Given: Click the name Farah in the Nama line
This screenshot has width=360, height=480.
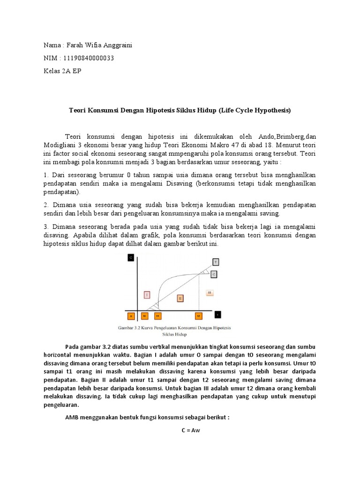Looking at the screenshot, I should pyautogui.click(x=75, y=45).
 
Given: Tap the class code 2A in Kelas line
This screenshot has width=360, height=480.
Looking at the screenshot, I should pyautogui.click(x=67, y=71).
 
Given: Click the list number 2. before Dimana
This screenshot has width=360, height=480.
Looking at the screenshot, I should pyautogui.click(x=46, y=205).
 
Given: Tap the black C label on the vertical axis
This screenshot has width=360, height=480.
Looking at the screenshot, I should pyautogui.click(x=130, y=257).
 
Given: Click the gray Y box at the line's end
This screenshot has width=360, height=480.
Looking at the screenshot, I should pyautogui.click(x=215, y=262).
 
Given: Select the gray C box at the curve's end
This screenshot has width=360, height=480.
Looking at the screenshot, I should pyautogui.click(x=214, y=273).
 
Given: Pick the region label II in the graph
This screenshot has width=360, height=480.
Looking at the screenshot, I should pyautogui.click(x=180, y=298).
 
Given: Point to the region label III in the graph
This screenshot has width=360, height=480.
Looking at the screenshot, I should pyautogui.click(x=210, y=292).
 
